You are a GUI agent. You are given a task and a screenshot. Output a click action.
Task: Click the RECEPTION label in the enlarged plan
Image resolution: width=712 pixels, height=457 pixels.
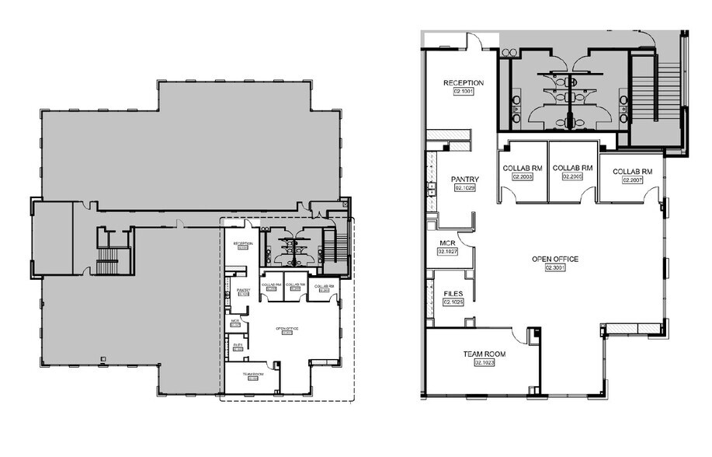click(x=464, y=83)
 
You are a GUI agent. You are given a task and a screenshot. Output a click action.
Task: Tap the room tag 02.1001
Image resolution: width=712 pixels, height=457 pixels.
click(x=464, y=92)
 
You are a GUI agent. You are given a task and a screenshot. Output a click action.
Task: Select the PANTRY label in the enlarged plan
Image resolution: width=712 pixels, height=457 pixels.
click(x=464, y=180)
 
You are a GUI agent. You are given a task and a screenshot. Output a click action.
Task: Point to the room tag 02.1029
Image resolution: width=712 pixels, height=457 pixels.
click(x=464, y=188)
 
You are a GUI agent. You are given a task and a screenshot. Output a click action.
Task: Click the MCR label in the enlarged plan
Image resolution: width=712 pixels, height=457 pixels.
click(x=447, y=243)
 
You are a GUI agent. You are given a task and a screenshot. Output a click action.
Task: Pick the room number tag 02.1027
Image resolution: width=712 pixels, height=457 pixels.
click(x=448, y=252)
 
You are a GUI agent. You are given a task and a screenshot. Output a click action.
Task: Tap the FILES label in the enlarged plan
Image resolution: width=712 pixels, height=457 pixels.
click(x=453, y=294)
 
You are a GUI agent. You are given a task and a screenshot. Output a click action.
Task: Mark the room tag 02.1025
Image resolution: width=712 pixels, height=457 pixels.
click(x=453, y=302)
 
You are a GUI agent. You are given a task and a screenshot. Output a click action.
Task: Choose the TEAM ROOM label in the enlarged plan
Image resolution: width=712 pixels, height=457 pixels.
click(x=485, y=354)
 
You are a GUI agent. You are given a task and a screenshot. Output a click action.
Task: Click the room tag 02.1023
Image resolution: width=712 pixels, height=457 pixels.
click(x=485, y=363)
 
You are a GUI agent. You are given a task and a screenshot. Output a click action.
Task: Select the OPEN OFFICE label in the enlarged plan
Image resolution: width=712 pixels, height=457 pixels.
click(x=555, y=259)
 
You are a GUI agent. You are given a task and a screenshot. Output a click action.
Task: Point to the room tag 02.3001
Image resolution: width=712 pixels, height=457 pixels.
click(x=555, y=267)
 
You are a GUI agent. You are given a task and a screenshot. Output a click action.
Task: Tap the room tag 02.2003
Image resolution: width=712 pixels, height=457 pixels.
click(x=522, y=177)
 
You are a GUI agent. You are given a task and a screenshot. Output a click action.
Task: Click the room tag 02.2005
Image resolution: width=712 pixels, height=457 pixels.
click(x=572, y=177)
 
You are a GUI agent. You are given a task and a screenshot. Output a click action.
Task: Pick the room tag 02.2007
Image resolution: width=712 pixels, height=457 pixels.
click(x=632, y=180)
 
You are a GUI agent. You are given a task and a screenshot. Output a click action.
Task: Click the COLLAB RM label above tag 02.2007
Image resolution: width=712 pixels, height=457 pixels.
click(x=632, y=171)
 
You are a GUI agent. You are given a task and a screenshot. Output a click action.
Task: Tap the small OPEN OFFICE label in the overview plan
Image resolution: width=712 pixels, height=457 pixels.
click(x=287, y=330)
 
